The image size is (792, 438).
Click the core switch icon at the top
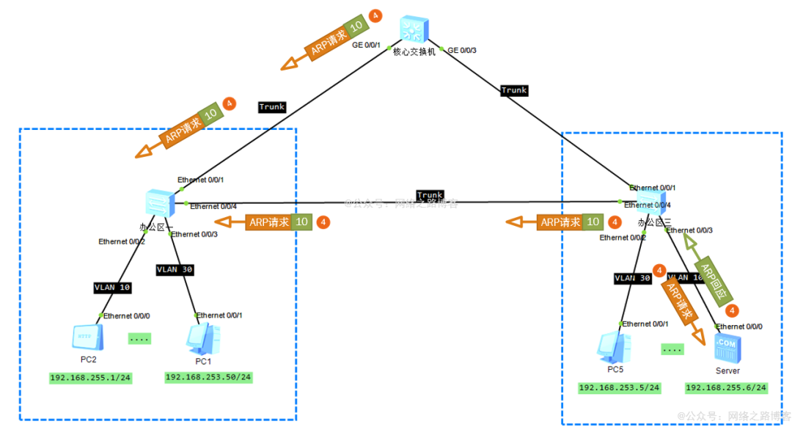[x=414, y=31]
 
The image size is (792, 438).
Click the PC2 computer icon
[x=87, y=337]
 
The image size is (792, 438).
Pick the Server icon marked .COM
[x=727, y=348]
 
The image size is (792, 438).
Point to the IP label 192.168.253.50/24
[x=208, y=377]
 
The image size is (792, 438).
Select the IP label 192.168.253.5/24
[x=619, y=387]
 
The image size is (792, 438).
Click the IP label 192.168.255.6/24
[x=726, y=387]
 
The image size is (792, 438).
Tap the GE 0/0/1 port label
[x=367, y=45]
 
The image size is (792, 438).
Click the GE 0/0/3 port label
[x=462, y=51]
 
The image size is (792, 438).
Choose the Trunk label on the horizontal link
[x=430, y=195]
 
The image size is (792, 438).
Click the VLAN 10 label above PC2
[x=112, y=288]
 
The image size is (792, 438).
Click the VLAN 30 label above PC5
[x=633, y=279]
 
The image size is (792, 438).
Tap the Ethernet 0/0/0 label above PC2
[x=126, y=316]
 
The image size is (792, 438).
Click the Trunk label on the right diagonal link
[x=514, y=90]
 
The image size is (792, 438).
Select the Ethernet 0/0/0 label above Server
[x=738, y=326]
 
